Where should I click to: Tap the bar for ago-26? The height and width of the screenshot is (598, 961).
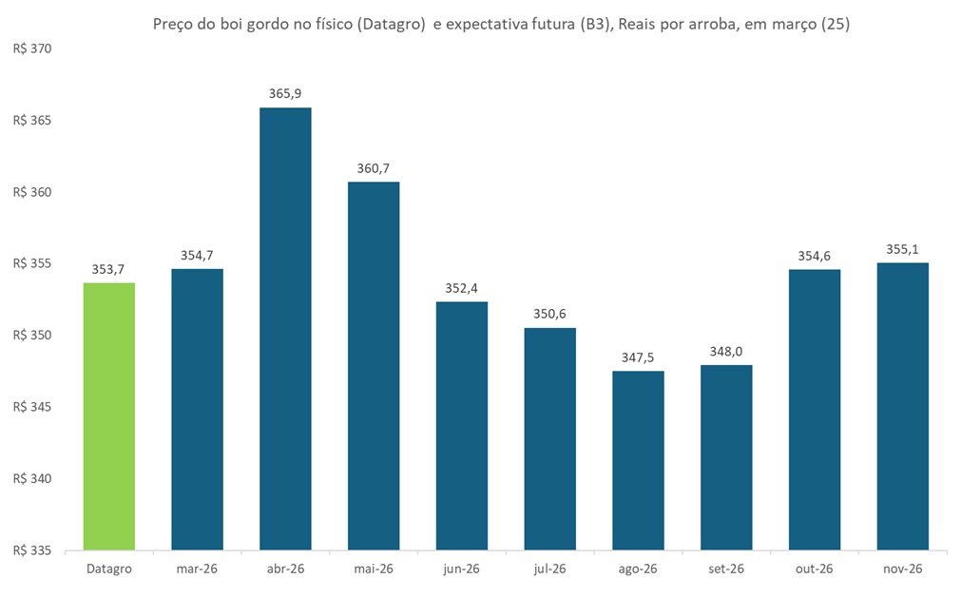[638, 460]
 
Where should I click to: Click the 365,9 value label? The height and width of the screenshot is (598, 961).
[285, 93]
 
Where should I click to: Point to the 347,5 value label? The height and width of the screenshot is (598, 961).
[638, 357]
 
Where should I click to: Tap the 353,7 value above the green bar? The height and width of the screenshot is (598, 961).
[109, 269]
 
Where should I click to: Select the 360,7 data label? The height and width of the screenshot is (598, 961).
[374, 168]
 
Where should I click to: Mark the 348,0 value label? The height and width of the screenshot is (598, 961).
[726, 351]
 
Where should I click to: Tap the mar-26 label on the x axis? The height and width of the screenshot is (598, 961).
[198, 569]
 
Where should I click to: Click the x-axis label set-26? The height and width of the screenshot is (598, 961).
[726, 569]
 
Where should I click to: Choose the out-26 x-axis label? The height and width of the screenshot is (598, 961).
[815, 569]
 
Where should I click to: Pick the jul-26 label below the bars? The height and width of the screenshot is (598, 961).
[550, 569]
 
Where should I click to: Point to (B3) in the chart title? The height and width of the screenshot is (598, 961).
[595, 26]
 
